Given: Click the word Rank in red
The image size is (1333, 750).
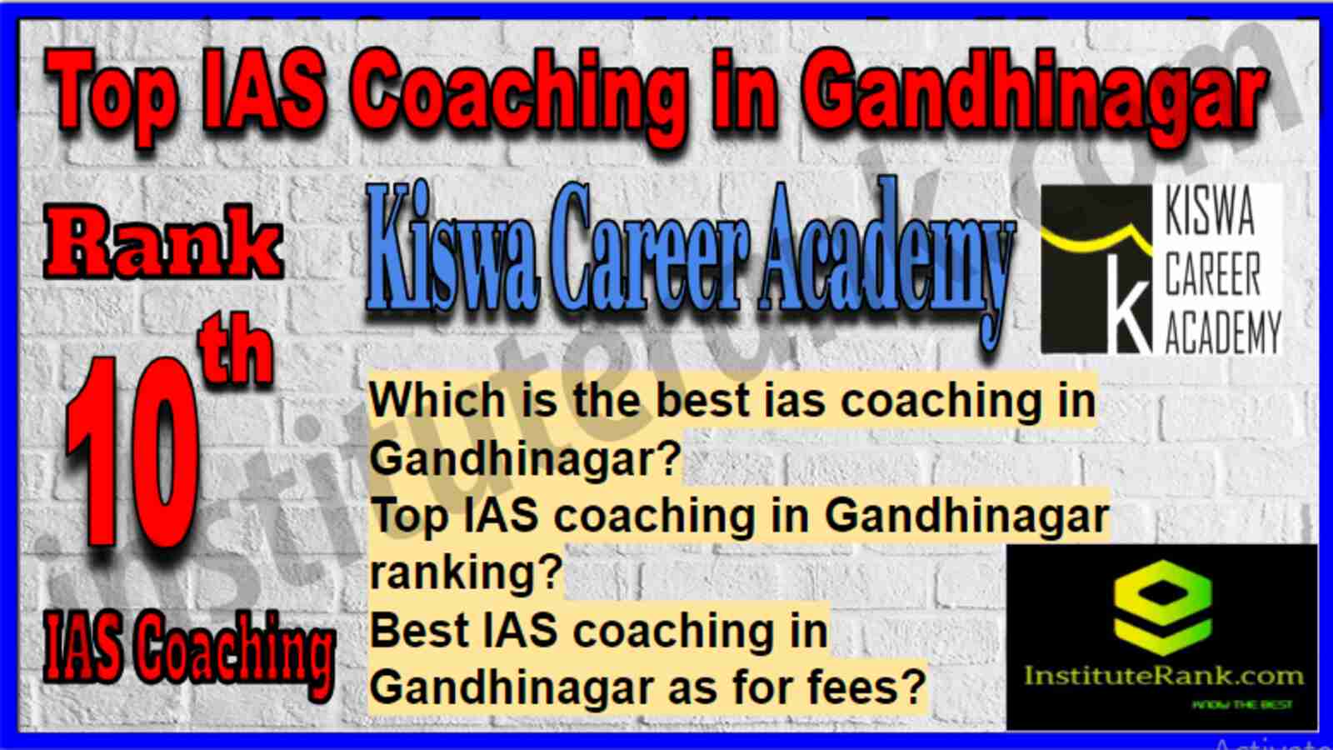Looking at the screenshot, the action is (163, 242).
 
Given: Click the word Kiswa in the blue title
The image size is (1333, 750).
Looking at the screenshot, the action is (452, 253).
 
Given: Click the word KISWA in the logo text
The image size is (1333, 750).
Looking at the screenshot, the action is (1210, 213).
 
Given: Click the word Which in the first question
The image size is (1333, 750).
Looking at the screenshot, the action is (437, 400).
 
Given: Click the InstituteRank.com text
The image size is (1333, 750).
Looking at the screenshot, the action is (1163, 676).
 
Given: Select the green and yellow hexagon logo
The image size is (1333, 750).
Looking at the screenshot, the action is (1163, 607).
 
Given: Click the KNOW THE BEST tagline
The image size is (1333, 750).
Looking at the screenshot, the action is (1242, 705).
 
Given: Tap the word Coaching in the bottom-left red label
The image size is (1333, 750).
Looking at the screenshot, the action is (238, 655).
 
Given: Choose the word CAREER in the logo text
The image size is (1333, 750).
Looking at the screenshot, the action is (1213, 274).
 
